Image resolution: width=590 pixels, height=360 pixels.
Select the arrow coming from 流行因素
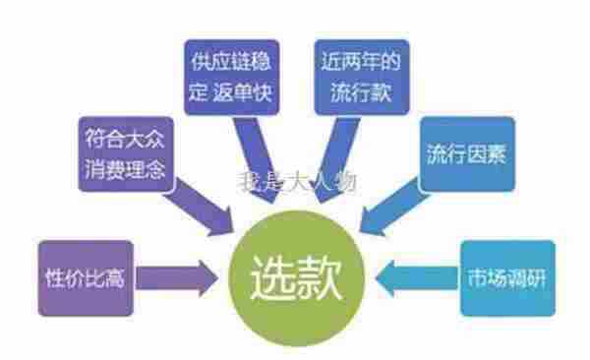click(x=388, y=210)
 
